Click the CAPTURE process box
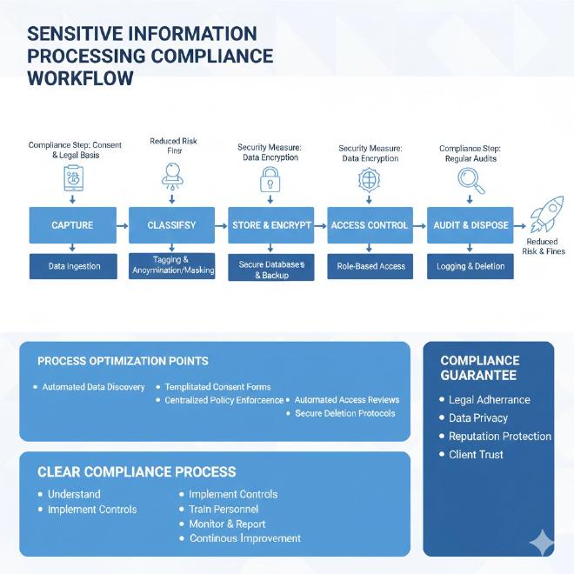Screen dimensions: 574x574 point(72,225)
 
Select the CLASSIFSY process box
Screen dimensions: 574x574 point(172,225)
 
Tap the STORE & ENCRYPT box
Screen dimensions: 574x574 point(271,225)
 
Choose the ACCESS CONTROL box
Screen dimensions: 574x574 point(370,225)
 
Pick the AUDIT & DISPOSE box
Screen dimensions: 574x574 point(470,225)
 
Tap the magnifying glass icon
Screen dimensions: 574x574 point(470,180)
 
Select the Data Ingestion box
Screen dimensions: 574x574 point(73,266)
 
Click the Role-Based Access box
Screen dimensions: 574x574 point(370,266)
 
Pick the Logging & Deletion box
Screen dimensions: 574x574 point(470,266)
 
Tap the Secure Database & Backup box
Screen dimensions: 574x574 point(271,269)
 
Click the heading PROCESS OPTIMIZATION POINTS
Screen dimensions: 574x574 point(123,360)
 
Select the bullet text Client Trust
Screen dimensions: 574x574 point(476,454)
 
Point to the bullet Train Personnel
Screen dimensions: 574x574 point(224,509)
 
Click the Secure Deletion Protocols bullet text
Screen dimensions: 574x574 point(345,413)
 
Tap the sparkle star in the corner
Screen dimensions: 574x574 point(541,542)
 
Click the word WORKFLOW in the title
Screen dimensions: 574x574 point(81,78)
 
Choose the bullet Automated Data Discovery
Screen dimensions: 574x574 point(93,387)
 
